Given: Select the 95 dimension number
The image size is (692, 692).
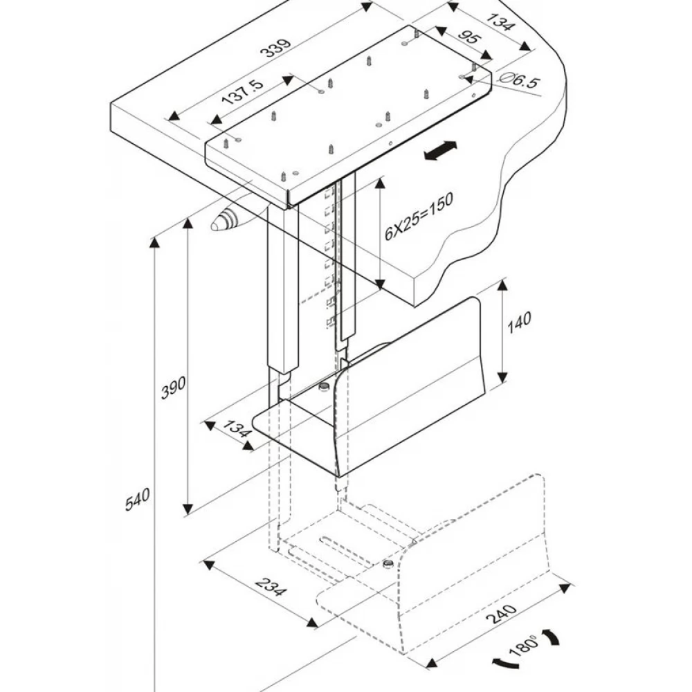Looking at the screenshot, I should click(x=468, y=39).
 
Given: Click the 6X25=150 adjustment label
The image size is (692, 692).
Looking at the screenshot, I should click(x=418, y=217).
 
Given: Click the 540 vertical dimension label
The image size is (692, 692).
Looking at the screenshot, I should click(x=138, y=500).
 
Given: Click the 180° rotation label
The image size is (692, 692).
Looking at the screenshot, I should click(x=524, y=648).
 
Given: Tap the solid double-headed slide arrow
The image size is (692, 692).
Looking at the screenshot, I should click(x=440, y=152).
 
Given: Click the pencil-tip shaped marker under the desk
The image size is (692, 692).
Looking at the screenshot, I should click(x=225, y=221).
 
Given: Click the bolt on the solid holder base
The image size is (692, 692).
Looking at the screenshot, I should click(x=322, y=386).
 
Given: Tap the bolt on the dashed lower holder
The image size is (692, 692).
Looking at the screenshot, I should click(x=388, y=564).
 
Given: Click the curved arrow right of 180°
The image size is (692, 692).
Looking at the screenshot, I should click(x=553, y=637).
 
